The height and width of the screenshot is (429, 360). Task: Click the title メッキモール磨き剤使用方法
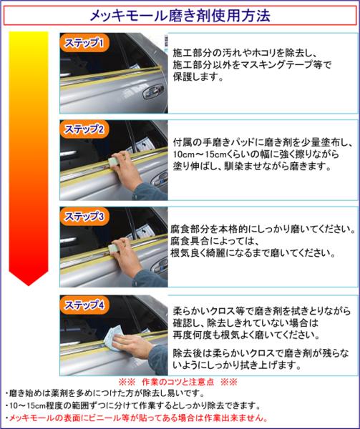point(180,16)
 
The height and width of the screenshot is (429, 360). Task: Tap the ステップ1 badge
point(84,43)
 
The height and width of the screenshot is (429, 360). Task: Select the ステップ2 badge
point(84,129)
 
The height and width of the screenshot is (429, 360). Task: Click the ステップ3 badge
point(84,217)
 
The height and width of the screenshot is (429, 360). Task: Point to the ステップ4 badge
point(84,305)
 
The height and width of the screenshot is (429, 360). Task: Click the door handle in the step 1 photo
point(154,92)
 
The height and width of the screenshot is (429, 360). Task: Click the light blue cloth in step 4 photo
point(112,339)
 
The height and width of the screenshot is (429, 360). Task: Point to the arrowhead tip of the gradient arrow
point(29,285)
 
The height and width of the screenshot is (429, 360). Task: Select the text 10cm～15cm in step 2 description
point(198,154)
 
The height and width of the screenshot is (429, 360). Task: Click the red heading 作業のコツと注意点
point(178,382)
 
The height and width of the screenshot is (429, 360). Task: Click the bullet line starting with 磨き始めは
point(105,393)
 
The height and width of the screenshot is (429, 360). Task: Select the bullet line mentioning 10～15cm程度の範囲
point(132,405)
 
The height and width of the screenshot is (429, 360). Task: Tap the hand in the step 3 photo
point(124,256)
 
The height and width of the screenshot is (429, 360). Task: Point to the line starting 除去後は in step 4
point(261,359)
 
